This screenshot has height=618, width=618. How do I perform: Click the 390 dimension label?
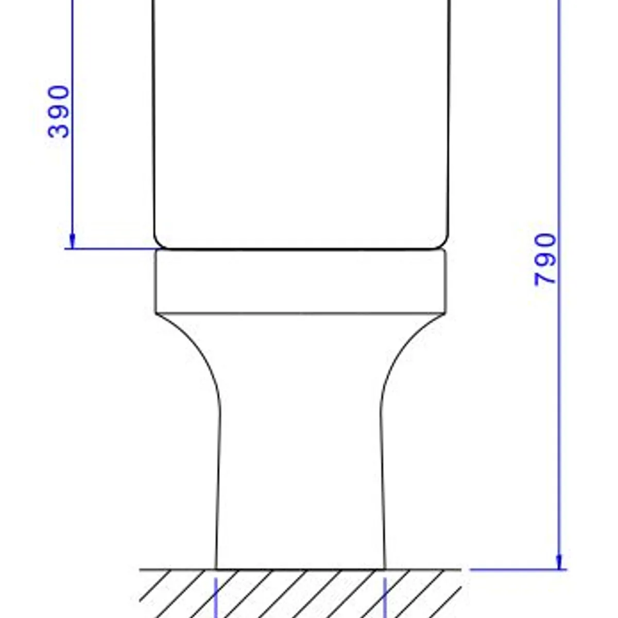[58, 111]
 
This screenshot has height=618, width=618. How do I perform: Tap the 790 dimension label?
[545, 259]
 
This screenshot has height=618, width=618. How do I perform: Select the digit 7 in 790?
[545, 277]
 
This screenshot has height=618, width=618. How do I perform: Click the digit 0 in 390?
[58, 93]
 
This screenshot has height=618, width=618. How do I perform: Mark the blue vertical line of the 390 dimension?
[73, 125]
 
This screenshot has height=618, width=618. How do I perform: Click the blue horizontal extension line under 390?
[111, 249]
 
